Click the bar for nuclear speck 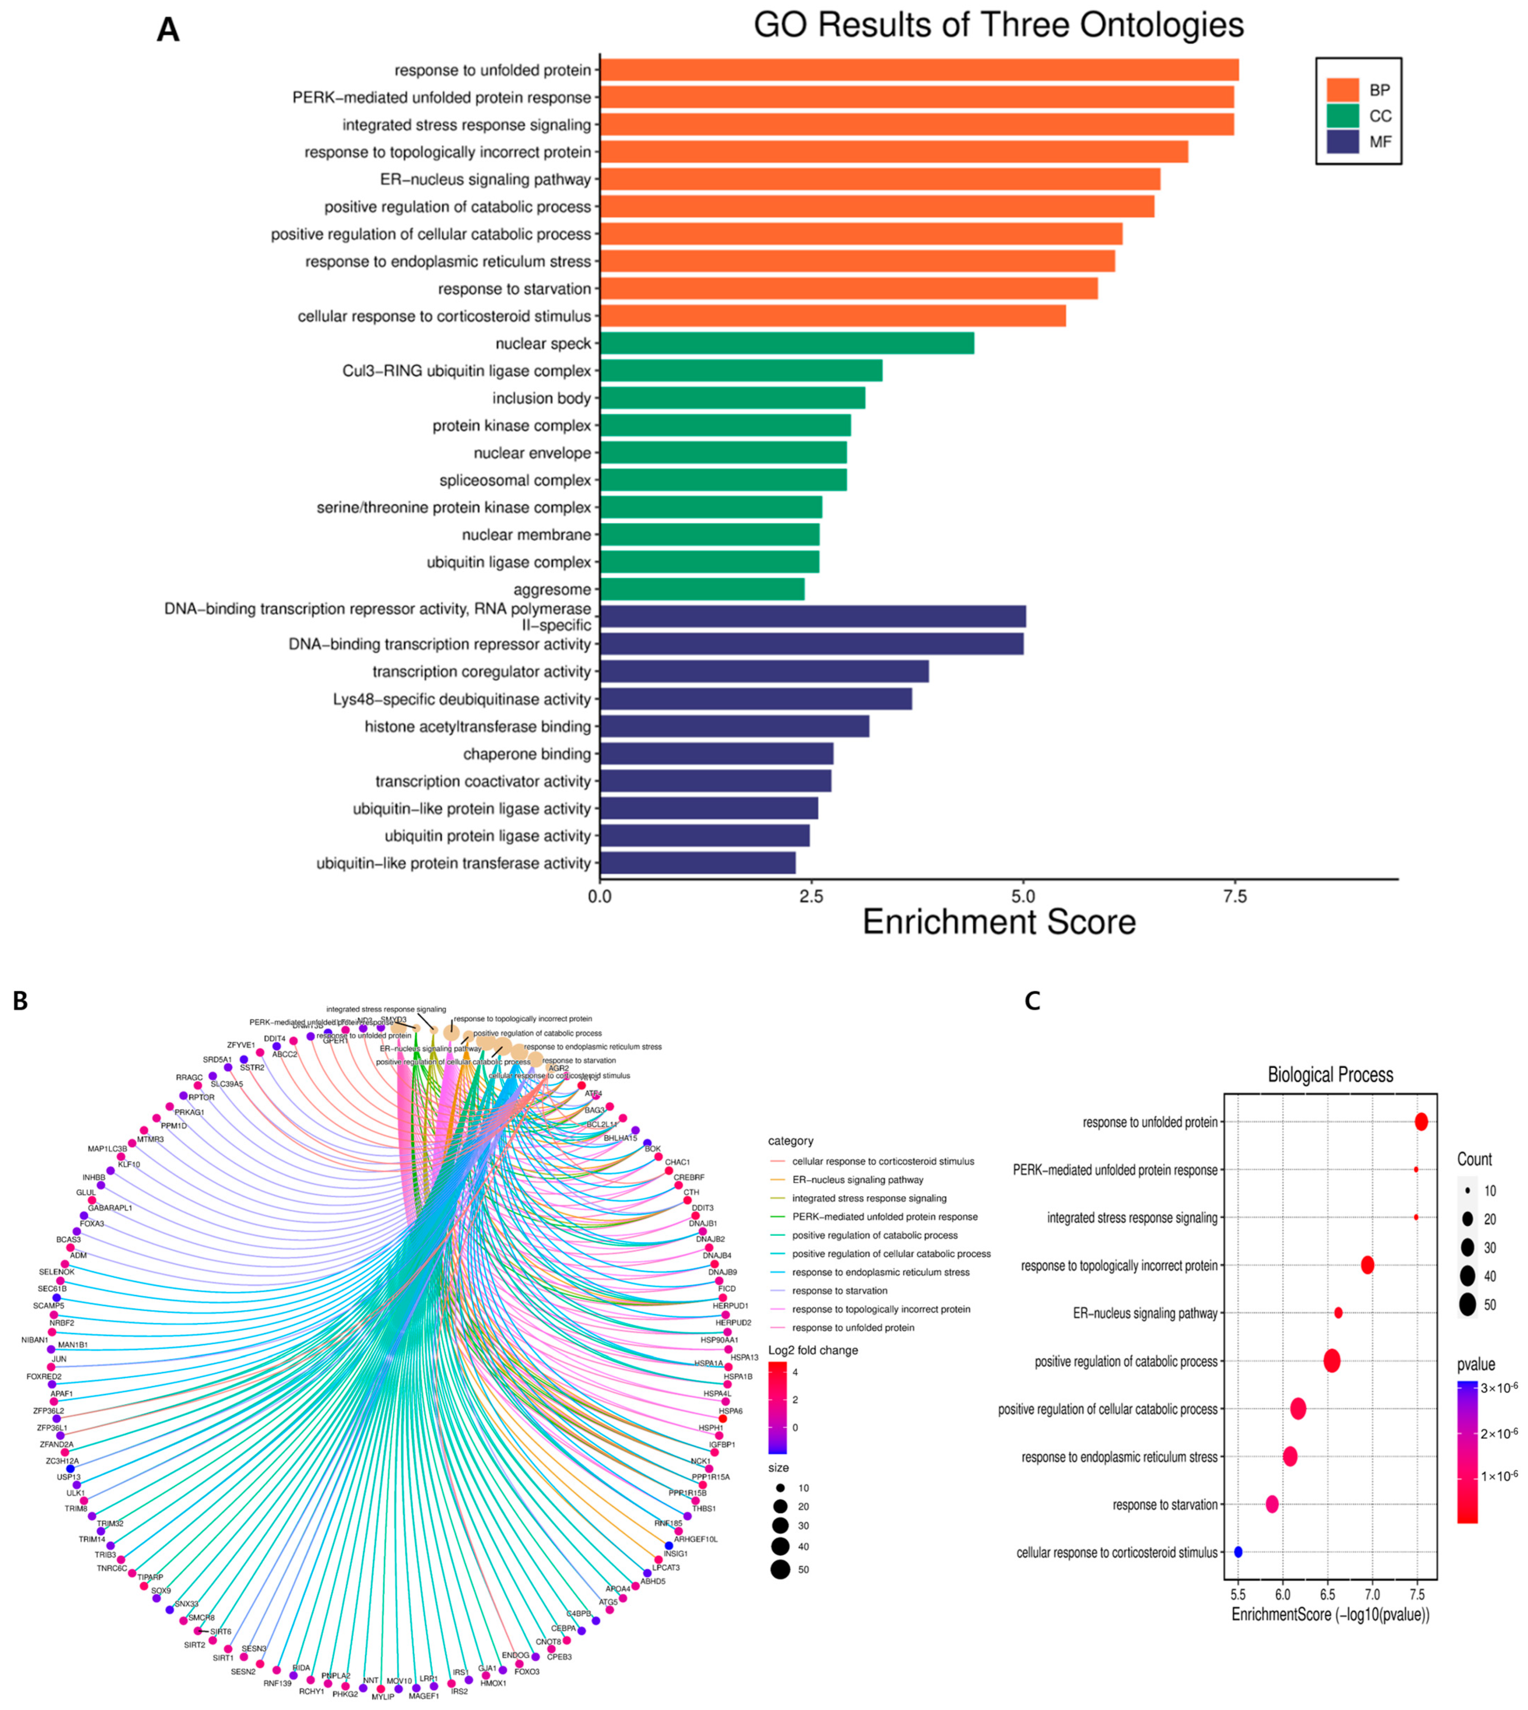pyautogui.click(x=787, y=343)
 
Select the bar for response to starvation pyautogui.click(x=848, y=289)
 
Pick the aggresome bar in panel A pyautogui.click(x=702, y=589)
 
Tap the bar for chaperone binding pyautogui.click(x=716, y=754)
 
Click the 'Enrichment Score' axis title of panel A pyautogui.click(x=999, y=922)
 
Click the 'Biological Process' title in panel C pyautogui.click(x=1330, y=1075)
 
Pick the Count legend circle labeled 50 pyautogui.click(x=1467, y=1305)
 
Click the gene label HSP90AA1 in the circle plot pyautogui.click(x=719, y=1340)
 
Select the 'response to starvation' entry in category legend pyautogui.click(x=839, y=1290)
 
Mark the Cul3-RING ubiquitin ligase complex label pyautogui.click(x=467, y=371)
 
